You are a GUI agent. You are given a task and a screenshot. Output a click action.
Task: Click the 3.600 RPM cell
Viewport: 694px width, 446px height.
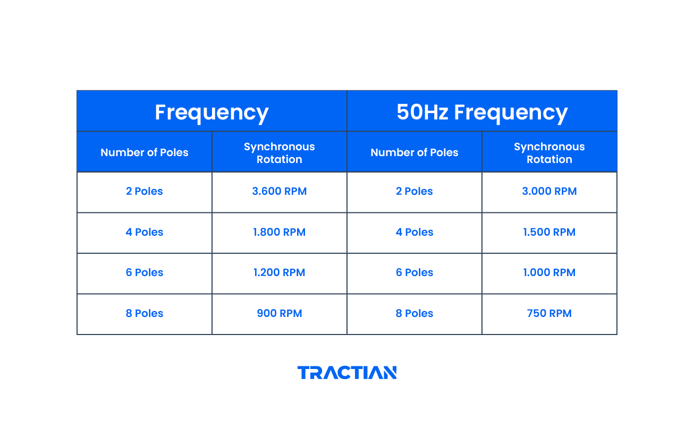280,192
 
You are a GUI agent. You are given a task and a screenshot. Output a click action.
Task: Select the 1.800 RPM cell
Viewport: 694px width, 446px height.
280,232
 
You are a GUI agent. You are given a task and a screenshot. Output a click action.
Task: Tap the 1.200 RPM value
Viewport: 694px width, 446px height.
280,273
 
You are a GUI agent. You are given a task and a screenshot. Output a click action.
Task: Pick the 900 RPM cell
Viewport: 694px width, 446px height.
280,314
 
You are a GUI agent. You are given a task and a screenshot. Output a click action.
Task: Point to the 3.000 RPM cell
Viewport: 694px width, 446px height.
549,192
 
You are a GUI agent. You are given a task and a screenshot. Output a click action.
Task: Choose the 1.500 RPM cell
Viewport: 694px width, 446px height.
549,232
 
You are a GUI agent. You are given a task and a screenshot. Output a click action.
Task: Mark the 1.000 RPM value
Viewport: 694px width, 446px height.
549,273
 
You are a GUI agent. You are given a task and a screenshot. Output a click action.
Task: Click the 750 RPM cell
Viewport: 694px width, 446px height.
549,314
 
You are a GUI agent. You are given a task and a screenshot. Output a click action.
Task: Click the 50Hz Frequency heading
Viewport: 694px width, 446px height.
482,113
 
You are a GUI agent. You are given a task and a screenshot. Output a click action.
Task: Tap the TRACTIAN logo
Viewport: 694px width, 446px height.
347,373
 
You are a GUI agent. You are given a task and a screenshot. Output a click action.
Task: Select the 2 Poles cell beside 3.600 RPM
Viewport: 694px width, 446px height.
145,192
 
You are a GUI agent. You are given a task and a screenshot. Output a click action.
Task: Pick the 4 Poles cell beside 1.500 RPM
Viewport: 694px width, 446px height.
414,232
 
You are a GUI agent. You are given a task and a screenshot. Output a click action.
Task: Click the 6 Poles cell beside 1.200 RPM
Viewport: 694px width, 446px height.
145,273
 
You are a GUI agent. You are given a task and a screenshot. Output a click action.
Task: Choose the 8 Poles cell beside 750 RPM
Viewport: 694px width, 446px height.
414,314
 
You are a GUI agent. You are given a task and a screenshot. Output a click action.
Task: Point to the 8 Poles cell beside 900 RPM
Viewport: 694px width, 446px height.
145,314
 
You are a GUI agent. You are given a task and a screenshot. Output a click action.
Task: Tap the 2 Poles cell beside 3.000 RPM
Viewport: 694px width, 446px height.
414,192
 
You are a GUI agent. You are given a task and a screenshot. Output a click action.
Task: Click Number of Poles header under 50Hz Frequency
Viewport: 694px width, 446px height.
414,153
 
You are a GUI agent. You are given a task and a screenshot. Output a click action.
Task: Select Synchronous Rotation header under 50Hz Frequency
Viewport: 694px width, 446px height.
549,153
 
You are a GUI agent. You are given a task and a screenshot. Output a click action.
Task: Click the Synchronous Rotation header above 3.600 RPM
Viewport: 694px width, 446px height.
280,153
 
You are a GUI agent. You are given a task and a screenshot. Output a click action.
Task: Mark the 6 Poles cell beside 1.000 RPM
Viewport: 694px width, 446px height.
414,273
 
